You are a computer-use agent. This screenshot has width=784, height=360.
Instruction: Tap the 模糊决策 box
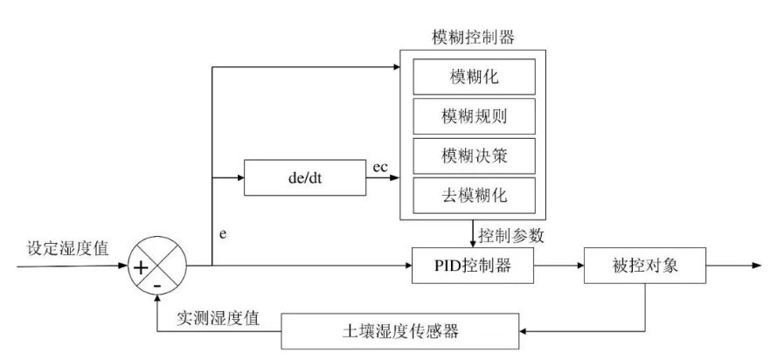pyautogui.click(x=473, y=156)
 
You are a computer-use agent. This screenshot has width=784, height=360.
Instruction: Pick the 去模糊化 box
pyautogui.click(x=473, y=194)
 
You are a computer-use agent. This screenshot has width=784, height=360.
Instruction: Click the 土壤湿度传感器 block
pyautogui.click(x=400, y=331)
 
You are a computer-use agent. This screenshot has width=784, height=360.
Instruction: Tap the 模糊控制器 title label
pyautogui.click(x=473, y=38)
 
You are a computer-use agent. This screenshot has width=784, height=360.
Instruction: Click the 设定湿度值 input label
pyautogui.click(x=67, y=248)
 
